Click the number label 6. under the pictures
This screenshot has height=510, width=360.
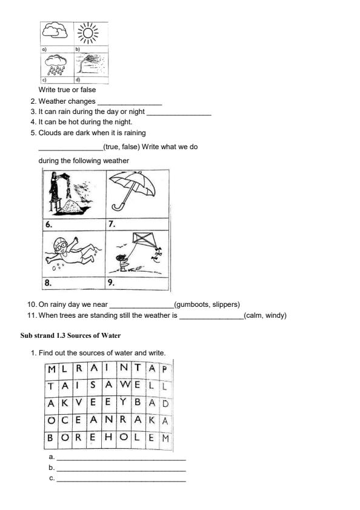click(48, 224)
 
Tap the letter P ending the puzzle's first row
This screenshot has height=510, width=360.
click(164, 369)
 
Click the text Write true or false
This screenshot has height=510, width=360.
click(67, 90)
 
